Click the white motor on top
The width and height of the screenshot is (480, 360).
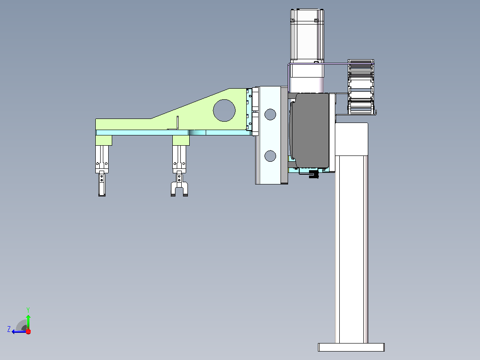coord(307,43)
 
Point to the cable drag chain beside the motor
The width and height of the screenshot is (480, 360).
coord(361,87)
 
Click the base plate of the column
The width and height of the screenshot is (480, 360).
coord(351,347)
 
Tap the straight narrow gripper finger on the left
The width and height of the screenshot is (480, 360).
coord(102,184)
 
